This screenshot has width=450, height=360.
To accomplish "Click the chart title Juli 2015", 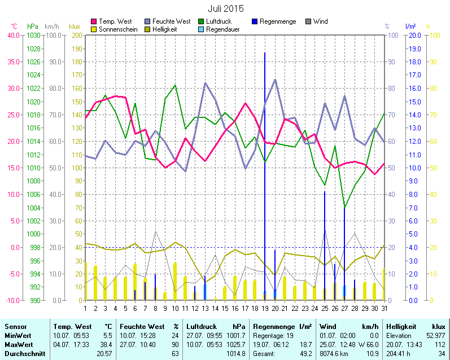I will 225,8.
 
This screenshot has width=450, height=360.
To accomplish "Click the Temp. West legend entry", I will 115,21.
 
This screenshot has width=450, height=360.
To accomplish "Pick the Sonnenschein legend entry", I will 118,29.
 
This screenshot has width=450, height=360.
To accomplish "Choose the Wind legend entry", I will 320,21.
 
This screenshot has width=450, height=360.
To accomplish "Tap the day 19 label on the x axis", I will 265,308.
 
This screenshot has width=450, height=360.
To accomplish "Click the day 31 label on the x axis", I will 385,308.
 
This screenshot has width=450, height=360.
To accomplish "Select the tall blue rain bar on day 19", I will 265,169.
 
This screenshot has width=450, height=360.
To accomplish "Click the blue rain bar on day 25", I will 325,243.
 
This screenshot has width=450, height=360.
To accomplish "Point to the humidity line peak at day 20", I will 275,80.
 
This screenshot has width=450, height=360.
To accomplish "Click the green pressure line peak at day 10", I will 176,85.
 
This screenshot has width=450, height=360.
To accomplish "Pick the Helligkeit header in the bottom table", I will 401,327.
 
